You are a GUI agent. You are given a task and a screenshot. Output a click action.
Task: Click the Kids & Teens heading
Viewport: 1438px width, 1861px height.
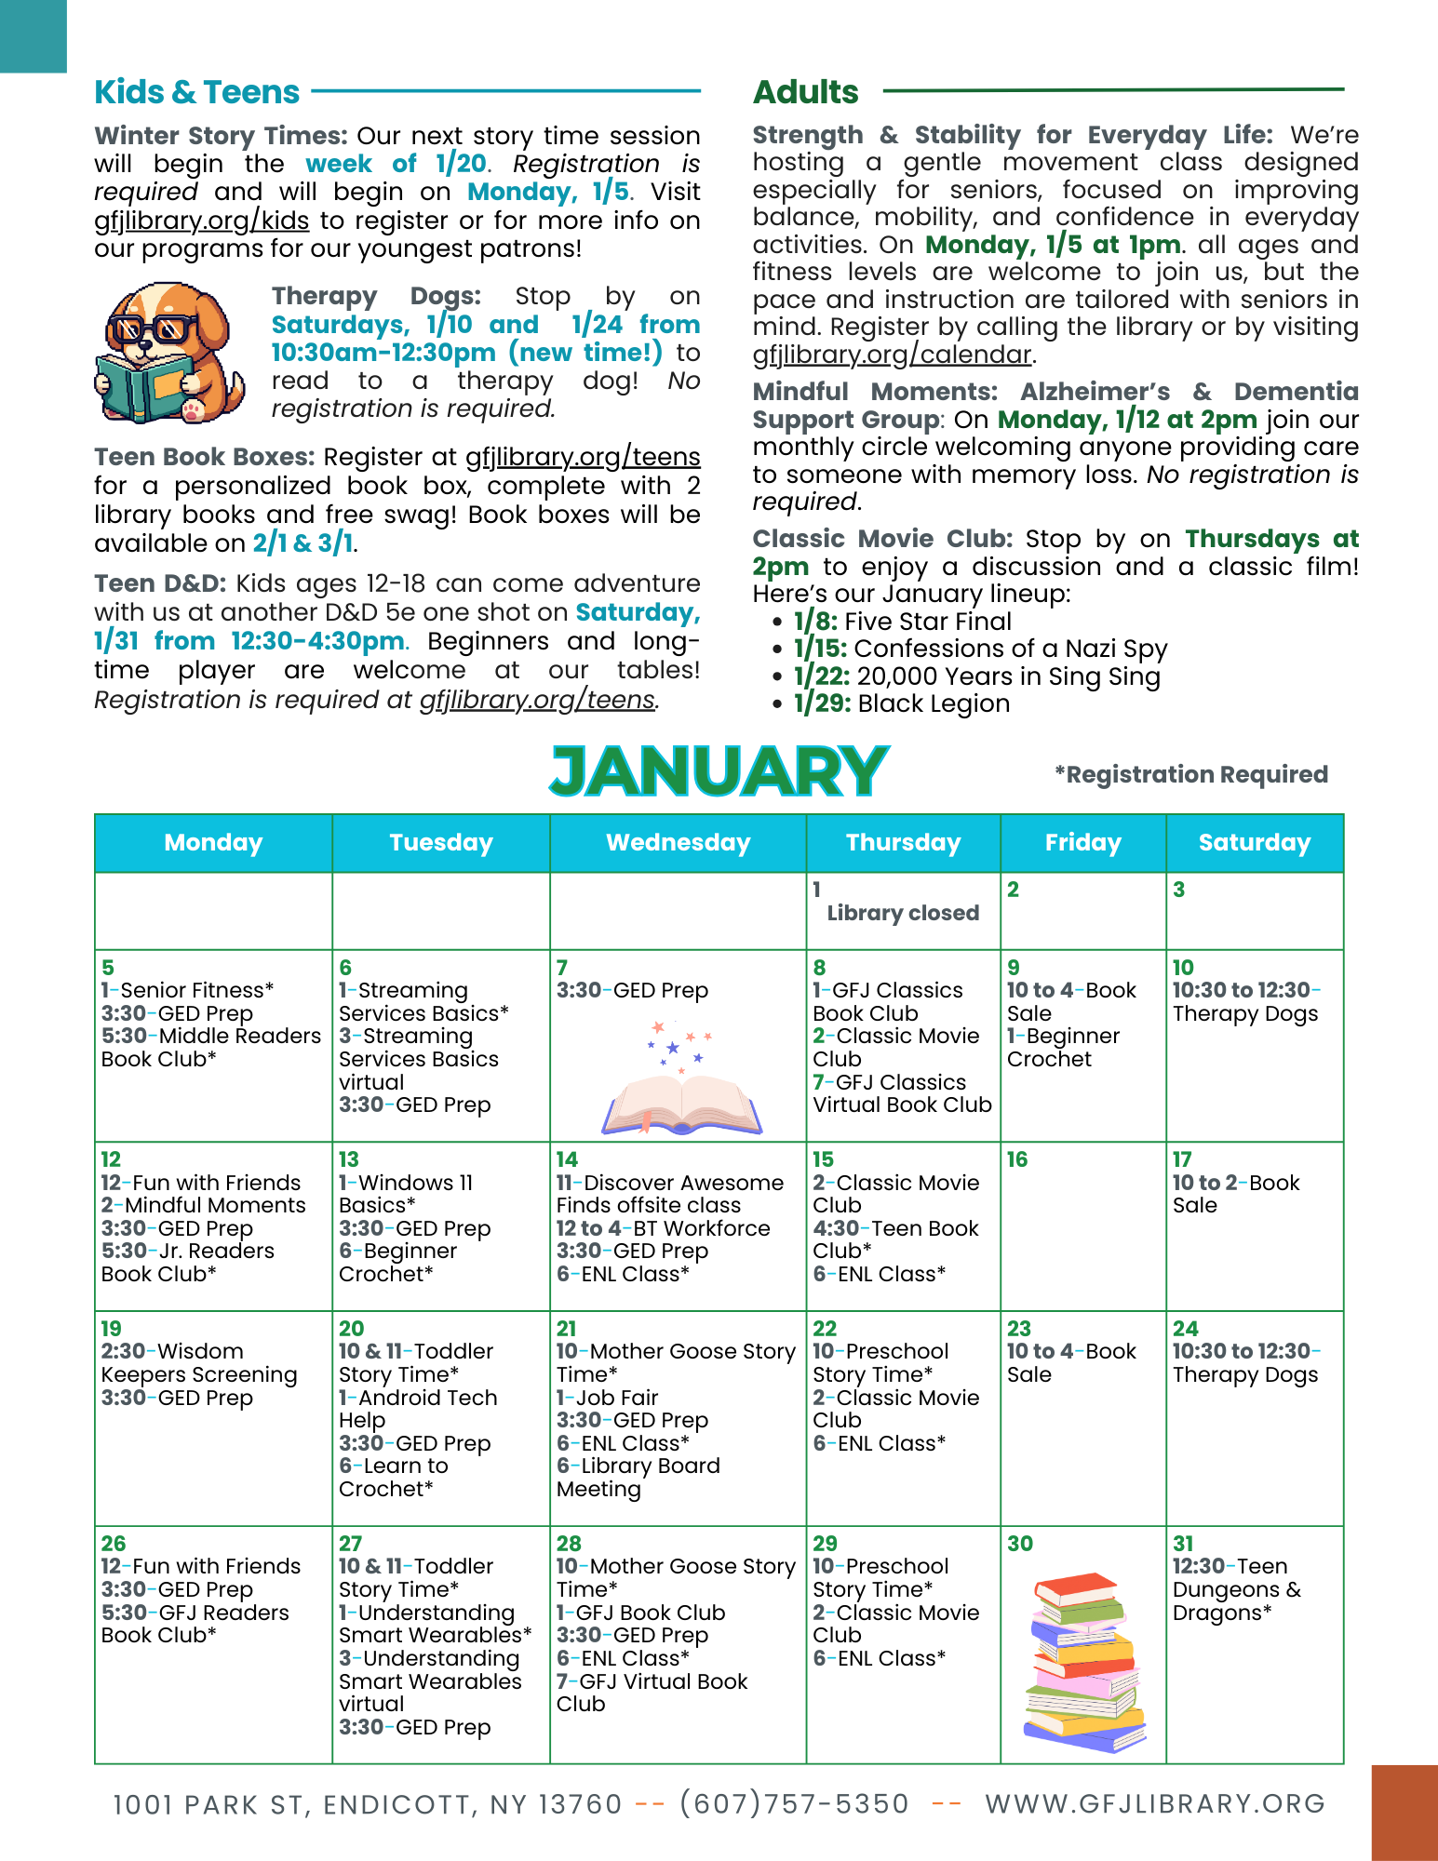(x=196, y=92)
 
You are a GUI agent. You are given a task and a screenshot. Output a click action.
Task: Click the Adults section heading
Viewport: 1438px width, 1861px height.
(x=805, y=92)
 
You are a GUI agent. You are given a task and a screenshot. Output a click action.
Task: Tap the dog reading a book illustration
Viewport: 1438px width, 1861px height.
(x=169, y=354)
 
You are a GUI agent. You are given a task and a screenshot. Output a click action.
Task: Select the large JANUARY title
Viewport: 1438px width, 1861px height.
(x=719, y=771)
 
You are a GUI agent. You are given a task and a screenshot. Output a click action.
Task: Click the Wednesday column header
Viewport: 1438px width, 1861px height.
(x=678, y=843)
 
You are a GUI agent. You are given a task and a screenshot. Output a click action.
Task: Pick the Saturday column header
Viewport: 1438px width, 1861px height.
(x=1254, y=843)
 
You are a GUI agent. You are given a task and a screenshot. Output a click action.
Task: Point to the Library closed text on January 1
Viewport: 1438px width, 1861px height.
(x=903, y=913)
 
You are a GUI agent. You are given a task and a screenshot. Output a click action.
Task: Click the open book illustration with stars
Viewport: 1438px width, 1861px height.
(x=681, y=1079)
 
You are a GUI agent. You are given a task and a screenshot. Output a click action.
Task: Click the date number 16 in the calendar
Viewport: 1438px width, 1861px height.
(x=1017, y=1159)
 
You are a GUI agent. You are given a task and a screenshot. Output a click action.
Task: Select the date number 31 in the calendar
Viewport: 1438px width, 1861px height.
(x=1183, y=1544)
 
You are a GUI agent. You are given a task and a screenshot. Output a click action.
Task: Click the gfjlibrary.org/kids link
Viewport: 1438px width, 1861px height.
(x=201, y=221)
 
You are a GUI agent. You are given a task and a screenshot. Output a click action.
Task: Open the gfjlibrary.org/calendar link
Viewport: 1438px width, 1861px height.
(x=892, y=355)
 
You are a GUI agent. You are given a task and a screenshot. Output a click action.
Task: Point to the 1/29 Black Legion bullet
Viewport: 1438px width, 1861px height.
(x=900, y=703)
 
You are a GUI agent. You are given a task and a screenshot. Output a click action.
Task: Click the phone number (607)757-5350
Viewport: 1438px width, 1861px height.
(x=793, y=1804)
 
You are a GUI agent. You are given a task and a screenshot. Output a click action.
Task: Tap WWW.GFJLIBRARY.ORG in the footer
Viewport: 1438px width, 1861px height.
(x=1155, y=1804)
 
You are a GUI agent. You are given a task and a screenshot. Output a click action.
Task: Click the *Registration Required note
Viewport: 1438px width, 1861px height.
(x=1190, y=774)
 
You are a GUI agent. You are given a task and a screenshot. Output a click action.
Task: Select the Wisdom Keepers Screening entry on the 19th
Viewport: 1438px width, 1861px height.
(x=198, y=1363)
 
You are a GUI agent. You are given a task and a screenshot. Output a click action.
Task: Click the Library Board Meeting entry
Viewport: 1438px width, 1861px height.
(x=638, y=1478)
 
